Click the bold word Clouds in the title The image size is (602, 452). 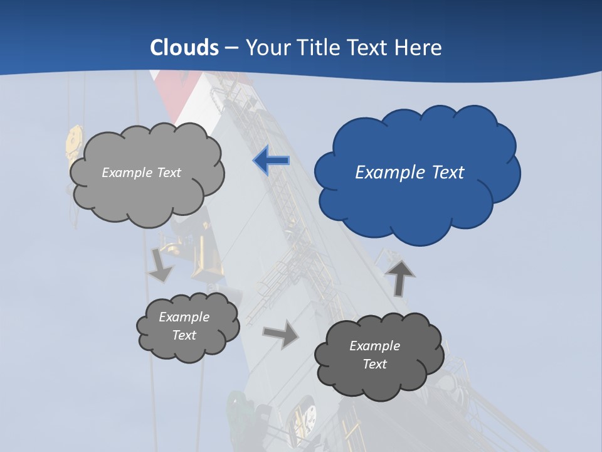pyautogui.click(x=184, y=48)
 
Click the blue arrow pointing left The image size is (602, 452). pyautogui.click(x=271, y=161)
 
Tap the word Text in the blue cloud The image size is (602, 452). pyautogui.click(x=447, y=173)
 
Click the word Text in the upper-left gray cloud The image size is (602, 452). pyautogui.click(x=169, y=173)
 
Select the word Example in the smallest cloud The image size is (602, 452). pyautogui.click(x=184, y=317)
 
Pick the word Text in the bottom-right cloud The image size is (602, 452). pyautogui.click(x=374, y=364)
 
